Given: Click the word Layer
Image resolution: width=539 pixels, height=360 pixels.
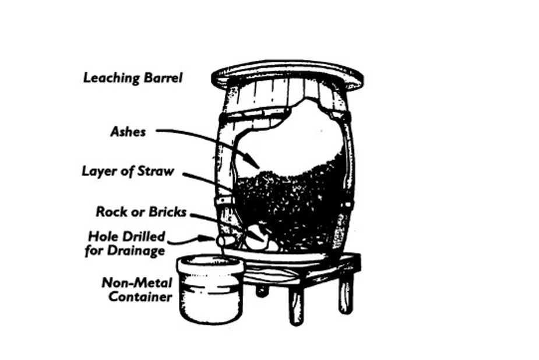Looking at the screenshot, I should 100,171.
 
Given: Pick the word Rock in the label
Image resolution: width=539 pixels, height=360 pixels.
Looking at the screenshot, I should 111,211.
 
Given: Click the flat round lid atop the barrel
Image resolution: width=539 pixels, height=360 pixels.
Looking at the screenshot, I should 287,75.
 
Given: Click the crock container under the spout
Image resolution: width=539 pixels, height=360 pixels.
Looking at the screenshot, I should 209,289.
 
